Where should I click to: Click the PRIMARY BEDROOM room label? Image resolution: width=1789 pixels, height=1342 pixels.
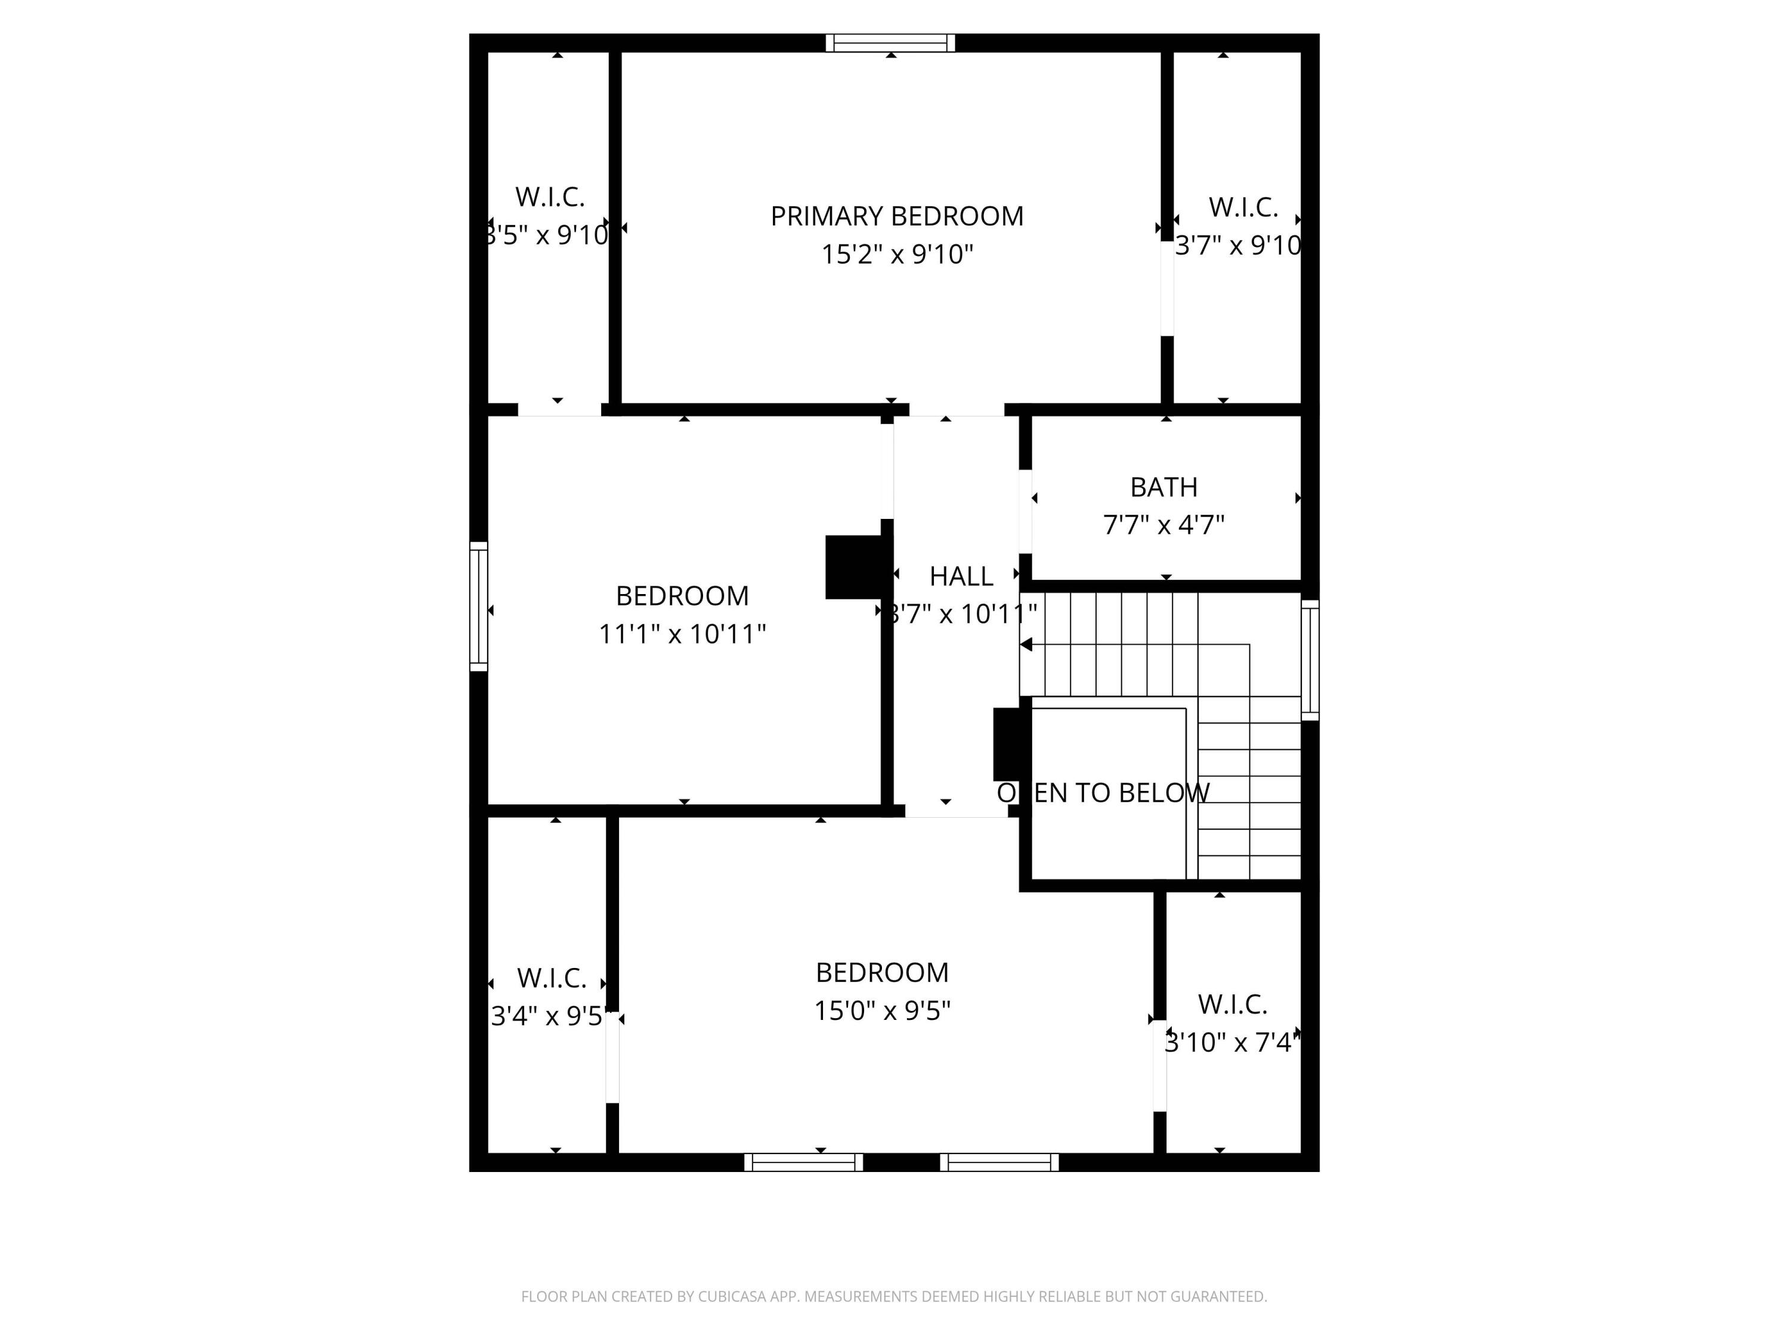click(x=896, y=216)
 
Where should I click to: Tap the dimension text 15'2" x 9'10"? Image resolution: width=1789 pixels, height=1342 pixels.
click(x=896, y=254)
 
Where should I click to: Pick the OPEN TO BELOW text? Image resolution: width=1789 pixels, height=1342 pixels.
click(x=1103, y=793)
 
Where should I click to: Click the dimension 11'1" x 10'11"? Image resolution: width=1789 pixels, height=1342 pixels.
click(x=682, y=633)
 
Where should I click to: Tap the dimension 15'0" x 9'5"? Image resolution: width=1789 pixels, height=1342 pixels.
click(x=881, y=1010)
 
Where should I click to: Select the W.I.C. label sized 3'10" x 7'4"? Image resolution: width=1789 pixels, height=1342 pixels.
click(x=1232, y=1004)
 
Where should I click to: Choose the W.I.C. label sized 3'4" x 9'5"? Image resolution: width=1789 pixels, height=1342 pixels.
click(x=552, y=978)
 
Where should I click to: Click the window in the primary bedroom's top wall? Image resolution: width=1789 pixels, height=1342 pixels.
click(x=890, y=43)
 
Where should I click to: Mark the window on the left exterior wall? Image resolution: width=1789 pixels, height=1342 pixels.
click(x=479, y=607)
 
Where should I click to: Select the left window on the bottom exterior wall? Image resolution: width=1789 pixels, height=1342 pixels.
click(x=803, y=1162)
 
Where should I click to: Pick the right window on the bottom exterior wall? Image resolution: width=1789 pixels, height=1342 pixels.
click(x=999, y=1162)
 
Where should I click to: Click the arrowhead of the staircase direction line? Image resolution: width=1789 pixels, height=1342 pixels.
click(x=1026, y=645)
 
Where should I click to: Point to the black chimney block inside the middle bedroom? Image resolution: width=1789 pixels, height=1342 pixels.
click(x=853, y=567)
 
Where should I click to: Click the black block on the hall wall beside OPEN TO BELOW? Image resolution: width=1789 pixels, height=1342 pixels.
click(x=1008, y=744)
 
